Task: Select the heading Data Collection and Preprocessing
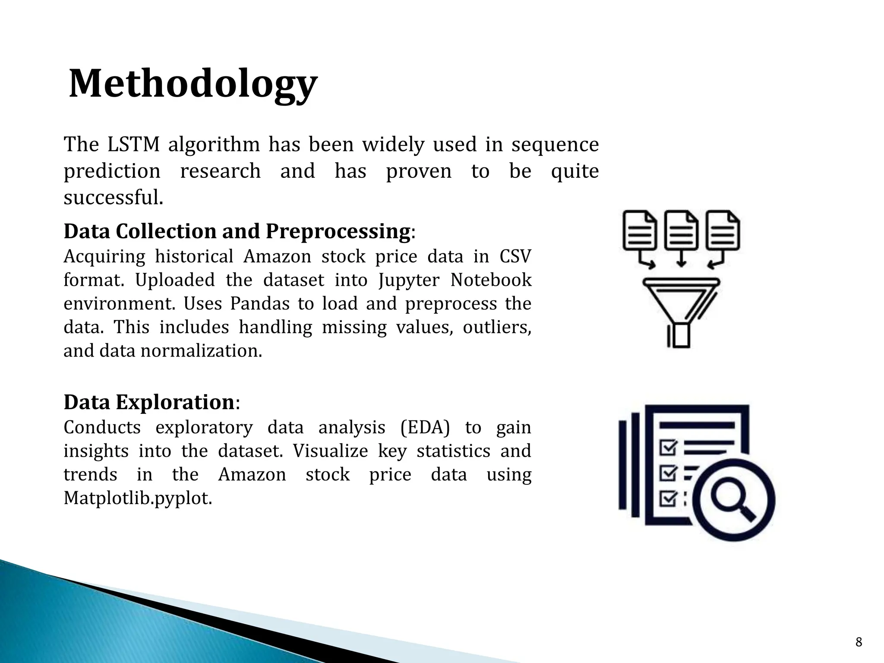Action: coord(237,231)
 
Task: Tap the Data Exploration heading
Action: coord(149,402)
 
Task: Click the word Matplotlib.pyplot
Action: coord(138,499)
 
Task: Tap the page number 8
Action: coord(859,642)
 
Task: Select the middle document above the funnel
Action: coord(681,231)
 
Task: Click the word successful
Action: coord(113,198)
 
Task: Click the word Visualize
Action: coord(330,451)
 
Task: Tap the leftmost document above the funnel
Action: coord(640,231)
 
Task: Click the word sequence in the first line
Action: coord(555,145)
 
